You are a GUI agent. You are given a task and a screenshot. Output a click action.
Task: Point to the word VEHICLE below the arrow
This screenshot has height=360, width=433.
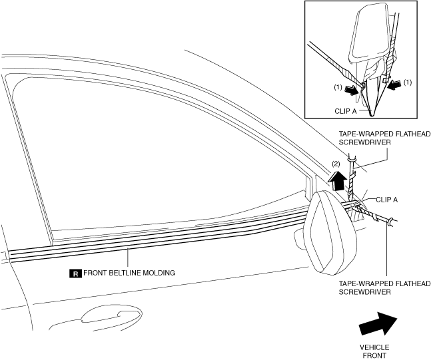(x=374, y=347)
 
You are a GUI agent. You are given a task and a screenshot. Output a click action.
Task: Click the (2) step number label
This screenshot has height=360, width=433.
(x=337, y=163)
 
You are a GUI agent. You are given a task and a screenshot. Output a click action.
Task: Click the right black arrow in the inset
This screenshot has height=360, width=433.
(x=395, y=84)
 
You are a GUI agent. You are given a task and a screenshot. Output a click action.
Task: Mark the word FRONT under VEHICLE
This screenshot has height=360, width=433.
(x=374, y=355)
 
